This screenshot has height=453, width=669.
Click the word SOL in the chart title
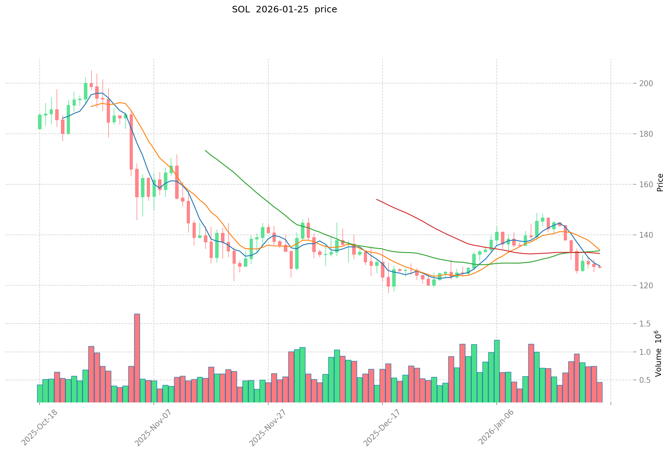[240, 9]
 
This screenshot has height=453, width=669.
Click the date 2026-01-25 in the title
[281, 9]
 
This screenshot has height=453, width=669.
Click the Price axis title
[660, 183]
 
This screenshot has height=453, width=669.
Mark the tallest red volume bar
[137, 358]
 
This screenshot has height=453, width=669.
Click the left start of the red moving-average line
[377, 199]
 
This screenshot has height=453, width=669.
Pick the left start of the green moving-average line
[205, 150]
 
